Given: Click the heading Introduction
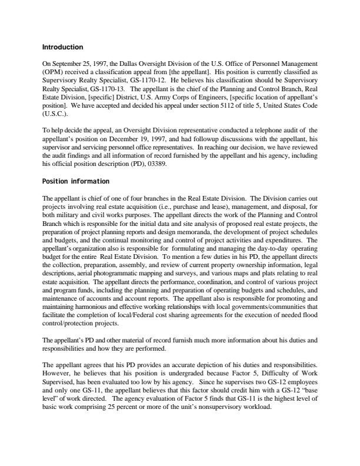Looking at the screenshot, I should pos(63,47).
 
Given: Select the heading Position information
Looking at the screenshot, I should pos(76,181).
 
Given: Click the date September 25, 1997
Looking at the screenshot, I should pos(76,64).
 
